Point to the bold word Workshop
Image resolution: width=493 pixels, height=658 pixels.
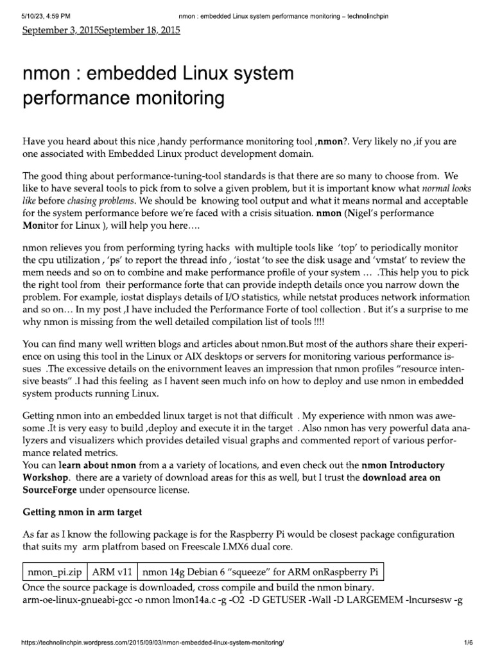pyautogui.click(x=47, y=477)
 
